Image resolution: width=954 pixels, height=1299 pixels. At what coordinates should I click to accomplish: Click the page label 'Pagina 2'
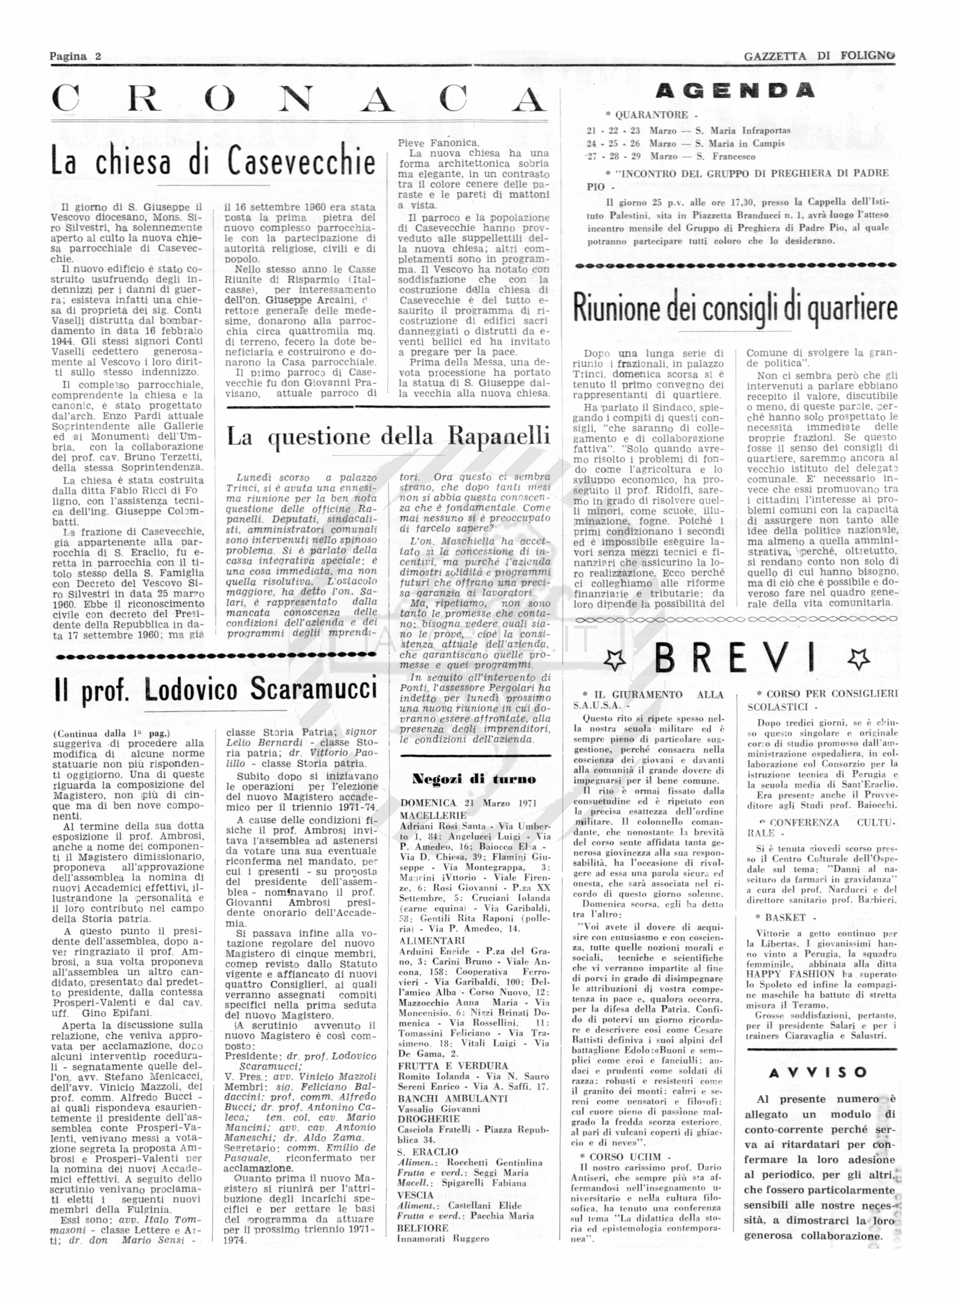click(75, 56)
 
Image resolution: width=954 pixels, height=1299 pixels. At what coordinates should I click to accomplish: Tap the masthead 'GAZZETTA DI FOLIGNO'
click(819, 56)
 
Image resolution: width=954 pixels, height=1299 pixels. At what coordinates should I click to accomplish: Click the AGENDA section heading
click(735, 91)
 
